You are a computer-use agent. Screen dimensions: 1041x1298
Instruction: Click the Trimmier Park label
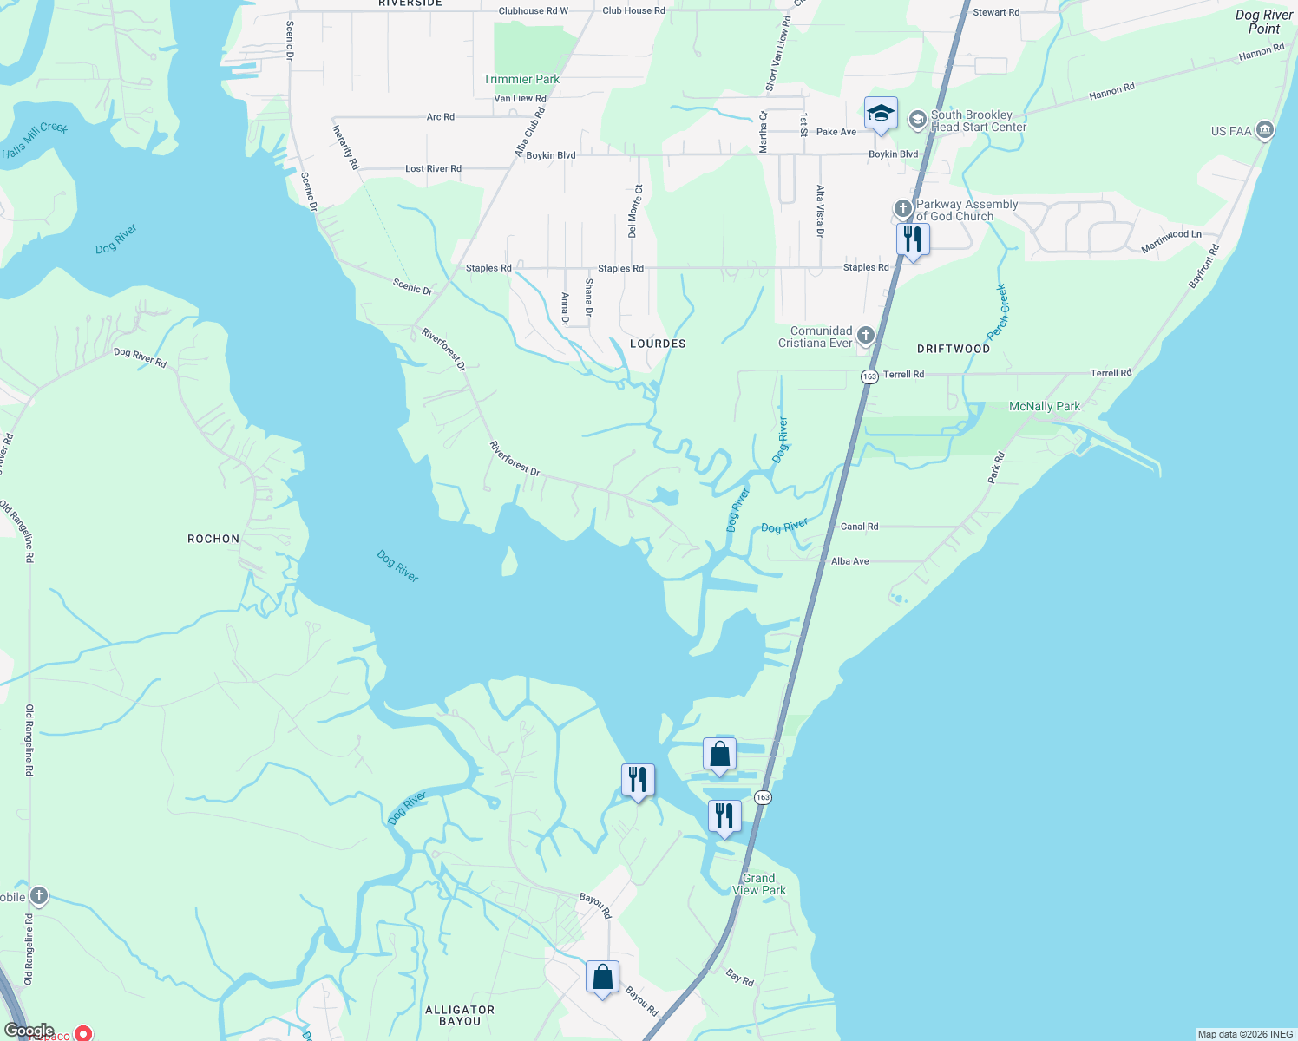[x=521, y=79]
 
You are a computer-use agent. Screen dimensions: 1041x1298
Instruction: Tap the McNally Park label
[x=1045, y=406]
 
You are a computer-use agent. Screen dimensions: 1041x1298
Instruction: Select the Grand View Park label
[x=759, y=884]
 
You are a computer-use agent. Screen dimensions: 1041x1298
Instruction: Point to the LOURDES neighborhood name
[x=658, y=344]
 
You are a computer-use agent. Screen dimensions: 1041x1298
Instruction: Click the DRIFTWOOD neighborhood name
[x=954, y=349]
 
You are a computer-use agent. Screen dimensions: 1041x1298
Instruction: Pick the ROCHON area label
[x=213, y=539]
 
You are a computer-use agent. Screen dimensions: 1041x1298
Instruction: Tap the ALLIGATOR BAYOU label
[x=460, y=1015]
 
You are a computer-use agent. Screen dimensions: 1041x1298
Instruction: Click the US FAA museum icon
[x=1264, y=131]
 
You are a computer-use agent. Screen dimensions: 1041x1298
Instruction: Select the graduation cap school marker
[x=881, y=114]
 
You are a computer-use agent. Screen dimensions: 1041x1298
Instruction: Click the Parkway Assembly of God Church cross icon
[x=903, y=209]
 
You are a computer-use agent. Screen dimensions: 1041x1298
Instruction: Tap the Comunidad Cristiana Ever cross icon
[x=865, y=336]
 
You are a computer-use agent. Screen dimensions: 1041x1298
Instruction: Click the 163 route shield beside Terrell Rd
[x=869, y=376]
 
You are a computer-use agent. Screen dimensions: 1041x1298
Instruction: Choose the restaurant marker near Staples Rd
[x=913, y=239]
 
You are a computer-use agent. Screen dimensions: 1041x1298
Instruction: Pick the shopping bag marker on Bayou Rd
[x=602, y=978]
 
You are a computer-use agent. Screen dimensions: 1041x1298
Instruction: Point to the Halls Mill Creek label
[x=35, y=140]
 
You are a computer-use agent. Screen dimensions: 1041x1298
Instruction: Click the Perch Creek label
[x=998, y=312]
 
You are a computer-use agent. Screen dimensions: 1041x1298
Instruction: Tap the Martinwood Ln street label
[x=1171, y=240]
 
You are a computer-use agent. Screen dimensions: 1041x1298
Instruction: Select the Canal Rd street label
[x=859, y=527]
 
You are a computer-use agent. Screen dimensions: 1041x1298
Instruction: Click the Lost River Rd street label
[x=433, y=168]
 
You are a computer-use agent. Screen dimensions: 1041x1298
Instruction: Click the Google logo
[x=29, y=1031]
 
